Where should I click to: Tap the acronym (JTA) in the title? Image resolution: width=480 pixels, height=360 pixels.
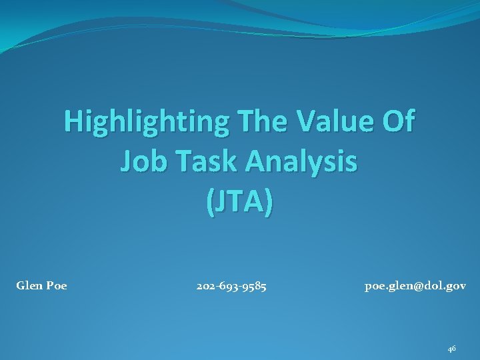239,202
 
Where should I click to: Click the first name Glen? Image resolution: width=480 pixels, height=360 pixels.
28,287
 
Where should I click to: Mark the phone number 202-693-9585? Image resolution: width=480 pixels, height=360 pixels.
231,287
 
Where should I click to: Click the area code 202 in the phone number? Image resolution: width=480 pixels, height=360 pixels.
205,287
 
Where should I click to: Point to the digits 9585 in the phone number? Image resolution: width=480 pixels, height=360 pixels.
255,287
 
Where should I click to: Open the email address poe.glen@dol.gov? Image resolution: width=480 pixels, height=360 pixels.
415,287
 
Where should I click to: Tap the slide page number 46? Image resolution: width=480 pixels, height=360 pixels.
451,348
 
